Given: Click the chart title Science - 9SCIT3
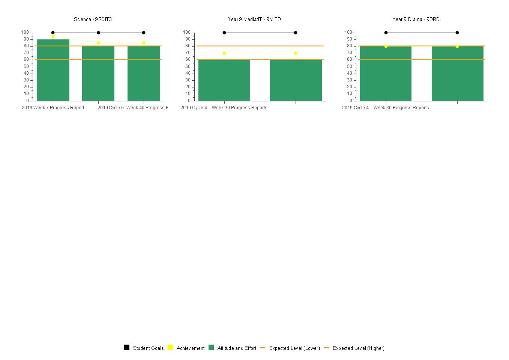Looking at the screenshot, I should click(x=93, y=19).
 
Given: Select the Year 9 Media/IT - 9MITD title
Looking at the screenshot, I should click(x=254, y=19).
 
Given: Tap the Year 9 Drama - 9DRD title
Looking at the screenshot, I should click(x=416, y=19).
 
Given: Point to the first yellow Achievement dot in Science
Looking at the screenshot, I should click(x=53, y=36).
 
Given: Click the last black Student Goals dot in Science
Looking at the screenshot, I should click(x=144, y=33).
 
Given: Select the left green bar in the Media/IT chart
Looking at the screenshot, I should click(x=224, y=80).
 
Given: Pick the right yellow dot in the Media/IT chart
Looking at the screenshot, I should click(x=296, y=53).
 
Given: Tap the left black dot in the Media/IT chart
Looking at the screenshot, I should click(x=224, y=33).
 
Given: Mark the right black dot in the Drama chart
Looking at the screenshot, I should click(x=457, y=33).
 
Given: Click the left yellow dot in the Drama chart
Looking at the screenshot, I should click(x=386, y=46).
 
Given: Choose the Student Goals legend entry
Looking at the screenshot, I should click(x=144, y=348).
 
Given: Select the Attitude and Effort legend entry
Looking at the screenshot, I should click(x=233, y=348).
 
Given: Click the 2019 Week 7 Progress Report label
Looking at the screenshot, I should click(x=53, y=108).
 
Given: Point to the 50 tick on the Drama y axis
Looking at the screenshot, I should click(x=350, y=66).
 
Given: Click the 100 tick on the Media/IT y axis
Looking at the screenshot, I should click(x=187, y=33).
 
